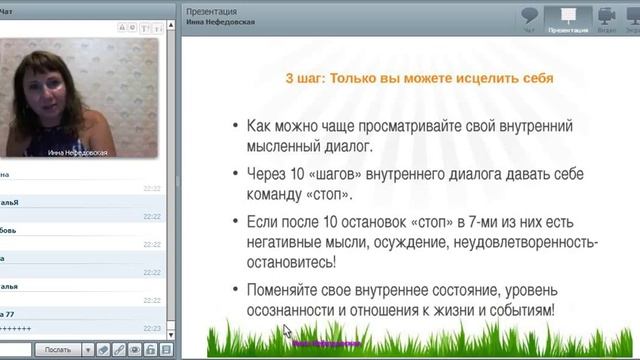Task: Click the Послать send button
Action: tap(57, 349)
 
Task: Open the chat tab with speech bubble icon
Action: tap(531, 19)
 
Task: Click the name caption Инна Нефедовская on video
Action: tap(78, 153)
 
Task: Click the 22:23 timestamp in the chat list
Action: tap(151, 327)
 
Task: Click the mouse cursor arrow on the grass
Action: tap(286, 331)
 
